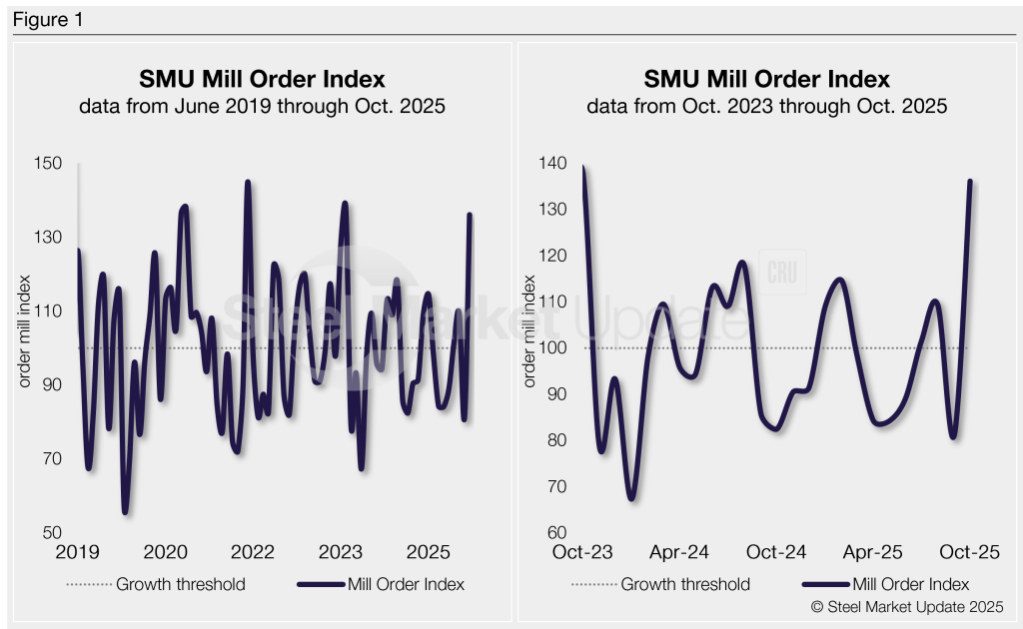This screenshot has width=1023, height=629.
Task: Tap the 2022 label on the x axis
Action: [252, 552]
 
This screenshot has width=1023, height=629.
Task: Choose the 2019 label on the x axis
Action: [78, 552]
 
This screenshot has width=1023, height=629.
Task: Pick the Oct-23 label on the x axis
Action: [583, 552]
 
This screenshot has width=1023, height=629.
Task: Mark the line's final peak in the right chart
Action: [969, 182]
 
